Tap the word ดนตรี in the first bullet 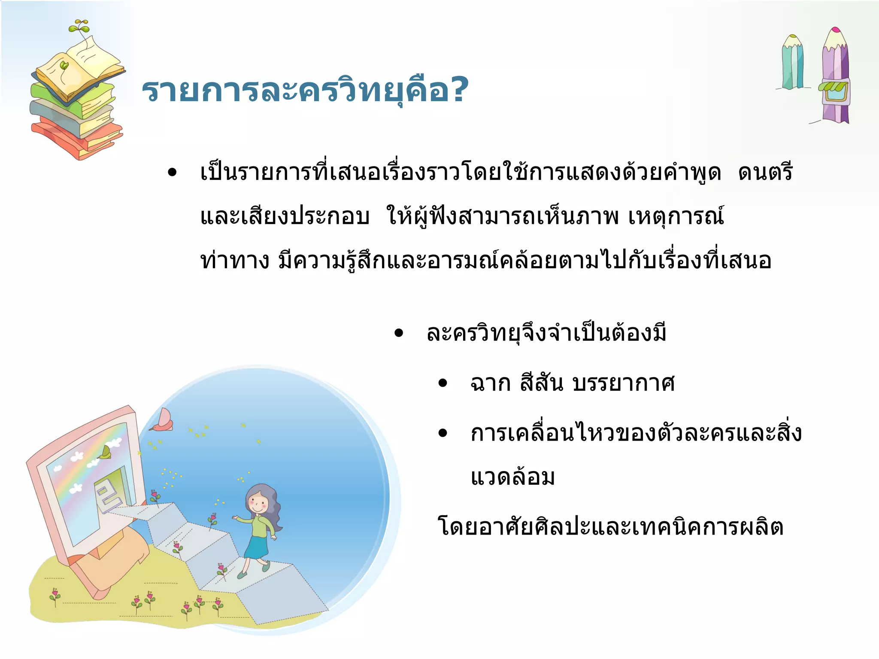pos(765,172)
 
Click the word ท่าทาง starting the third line pos(235,260)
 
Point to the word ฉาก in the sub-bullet pos(490,383)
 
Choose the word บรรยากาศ pos(624,383)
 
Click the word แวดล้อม pos(512,478)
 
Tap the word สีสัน pos(541,382)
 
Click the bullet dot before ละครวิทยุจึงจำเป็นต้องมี pos(399,333)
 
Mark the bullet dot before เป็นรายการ pos(172,173)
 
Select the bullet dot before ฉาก pos(443,383)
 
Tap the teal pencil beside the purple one pos(793,62)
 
